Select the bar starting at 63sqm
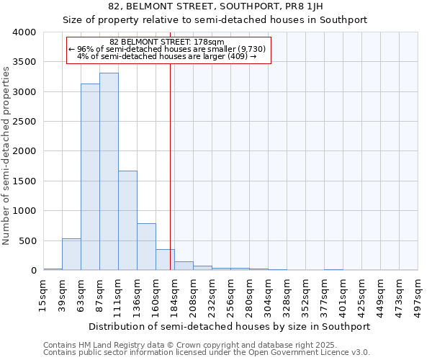(90, 177)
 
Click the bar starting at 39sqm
(71, 255)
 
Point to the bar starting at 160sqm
(165, 260)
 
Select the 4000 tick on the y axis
(24, 32)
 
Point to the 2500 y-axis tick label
(24, 122)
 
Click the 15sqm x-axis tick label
(43, 294)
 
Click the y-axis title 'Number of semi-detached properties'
(7, 155)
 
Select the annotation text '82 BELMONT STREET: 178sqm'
(168, 42)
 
